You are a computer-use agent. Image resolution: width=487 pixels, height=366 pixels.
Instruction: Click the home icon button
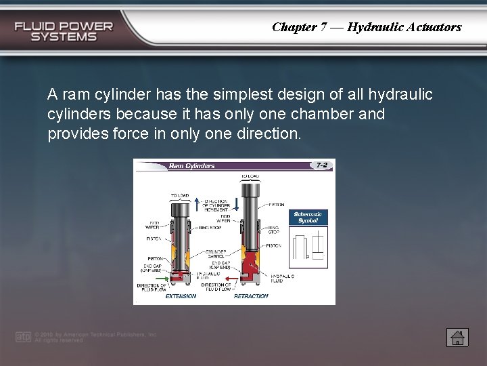pyautogui.click(x=457, y=337)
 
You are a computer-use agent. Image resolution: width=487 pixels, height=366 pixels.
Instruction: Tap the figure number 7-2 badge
pyautogui.click(x=321, y=165)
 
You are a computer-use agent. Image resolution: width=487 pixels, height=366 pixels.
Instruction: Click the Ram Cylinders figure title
pyautogui.click(x=191, y=165)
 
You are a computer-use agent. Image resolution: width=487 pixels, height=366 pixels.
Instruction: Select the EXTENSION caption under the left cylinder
pyautogui.click(x=181, y=296)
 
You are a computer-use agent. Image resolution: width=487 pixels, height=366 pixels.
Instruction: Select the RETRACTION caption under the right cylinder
pyautogui.click(x=251, y=296)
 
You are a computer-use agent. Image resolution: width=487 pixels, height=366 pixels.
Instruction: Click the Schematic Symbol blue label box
pyautogui.click(x=308, y=218)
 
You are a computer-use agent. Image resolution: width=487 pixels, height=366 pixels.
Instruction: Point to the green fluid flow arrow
pyautogui.click(x=160, y=278)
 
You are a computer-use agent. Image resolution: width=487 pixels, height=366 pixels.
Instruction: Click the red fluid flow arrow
pyautogui.click(x=230, y=278)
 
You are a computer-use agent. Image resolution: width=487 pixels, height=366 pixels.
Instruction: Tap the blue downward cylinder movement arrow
pyautogui.click(x=236, y=204)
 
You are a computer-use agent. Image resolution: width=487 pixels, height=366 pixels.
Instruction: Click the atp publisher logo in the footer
pyautogui.click(x=24, y=337)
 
